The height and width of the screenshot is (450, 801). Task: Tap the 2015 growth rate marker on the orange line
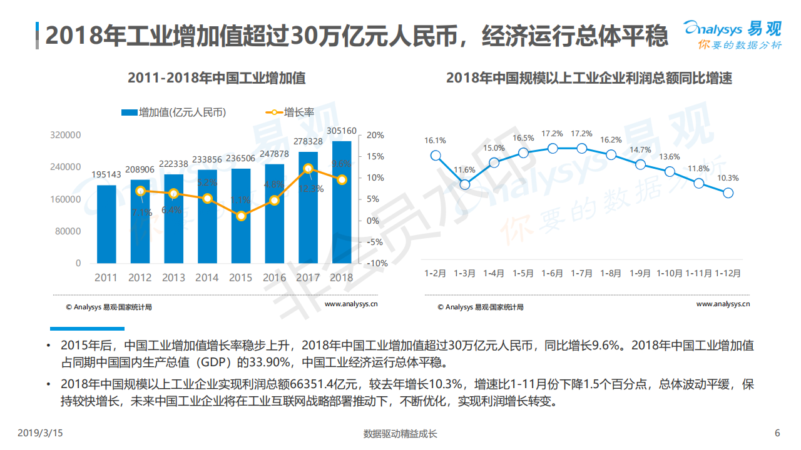241,216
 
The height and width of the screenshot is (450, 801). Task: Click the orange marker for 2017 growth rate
308,168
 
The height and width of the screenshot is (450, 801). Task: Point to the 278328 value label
308,142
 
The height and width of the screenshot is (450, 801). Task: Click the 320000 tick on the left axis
66,135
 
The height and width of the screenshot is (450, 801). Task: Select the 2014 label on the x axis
207,277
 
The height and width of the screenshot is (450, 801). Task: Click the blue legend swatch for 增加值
129,112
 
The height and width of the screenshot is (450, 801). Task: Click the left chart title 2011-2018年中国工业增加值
217,78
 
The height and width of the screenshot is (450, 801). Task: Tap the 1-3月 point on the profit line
465,184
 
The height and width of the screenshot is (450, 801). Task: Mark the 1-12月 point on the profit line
728,193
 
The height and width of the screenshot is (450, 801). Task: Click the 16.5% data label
523,138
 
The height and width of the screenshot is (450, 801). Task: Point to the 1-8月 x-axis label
611,273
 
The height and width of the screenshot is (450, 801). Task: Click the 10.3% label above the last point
728,178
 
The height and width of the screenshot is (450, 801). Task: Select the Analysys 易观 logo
732,34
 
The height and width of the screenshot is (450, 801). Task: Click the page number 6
777,433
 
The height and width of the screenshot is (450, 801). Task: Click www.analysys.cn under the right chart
723,304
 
